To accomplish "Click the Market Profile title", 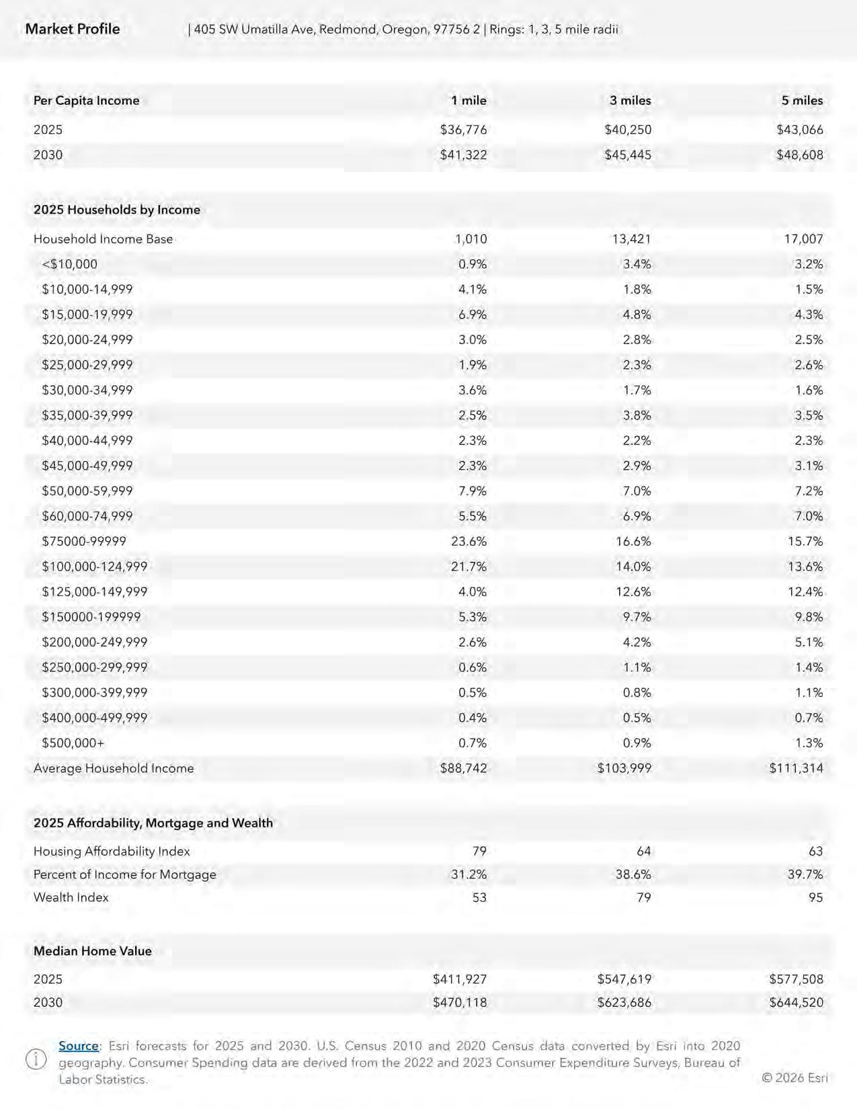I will point(73,29).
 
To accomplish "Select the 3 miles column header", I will point(630,100).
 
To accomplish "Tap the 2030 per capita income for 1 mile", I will point(463,155).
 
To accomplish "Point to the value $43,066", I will point(799,129).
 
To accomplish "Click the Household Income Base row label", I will point(103,239).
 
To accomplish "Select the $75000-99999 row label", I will point(84,541).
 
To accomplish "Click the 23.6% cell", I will point(468,541).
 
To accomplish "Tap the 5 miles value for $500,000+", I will point(809,743).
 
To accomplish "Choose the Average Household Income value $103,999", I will point(624,768).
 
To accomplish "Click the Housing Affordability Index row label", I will point(112,851).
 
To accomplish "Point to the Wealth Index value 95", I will point(815,897).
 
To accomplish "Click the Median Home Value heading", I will point(93,950).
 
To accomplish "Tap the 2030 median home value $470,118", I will point(460,1002).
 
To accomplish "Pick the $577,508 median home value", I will point(796,979).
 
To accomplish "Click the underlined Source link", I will point(79,1046).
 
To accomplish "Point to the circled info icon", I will point(36,1059).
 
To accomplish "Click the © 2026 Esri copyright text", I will point(794,1077).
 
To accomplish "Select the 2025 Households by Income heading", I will point(117,210).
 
